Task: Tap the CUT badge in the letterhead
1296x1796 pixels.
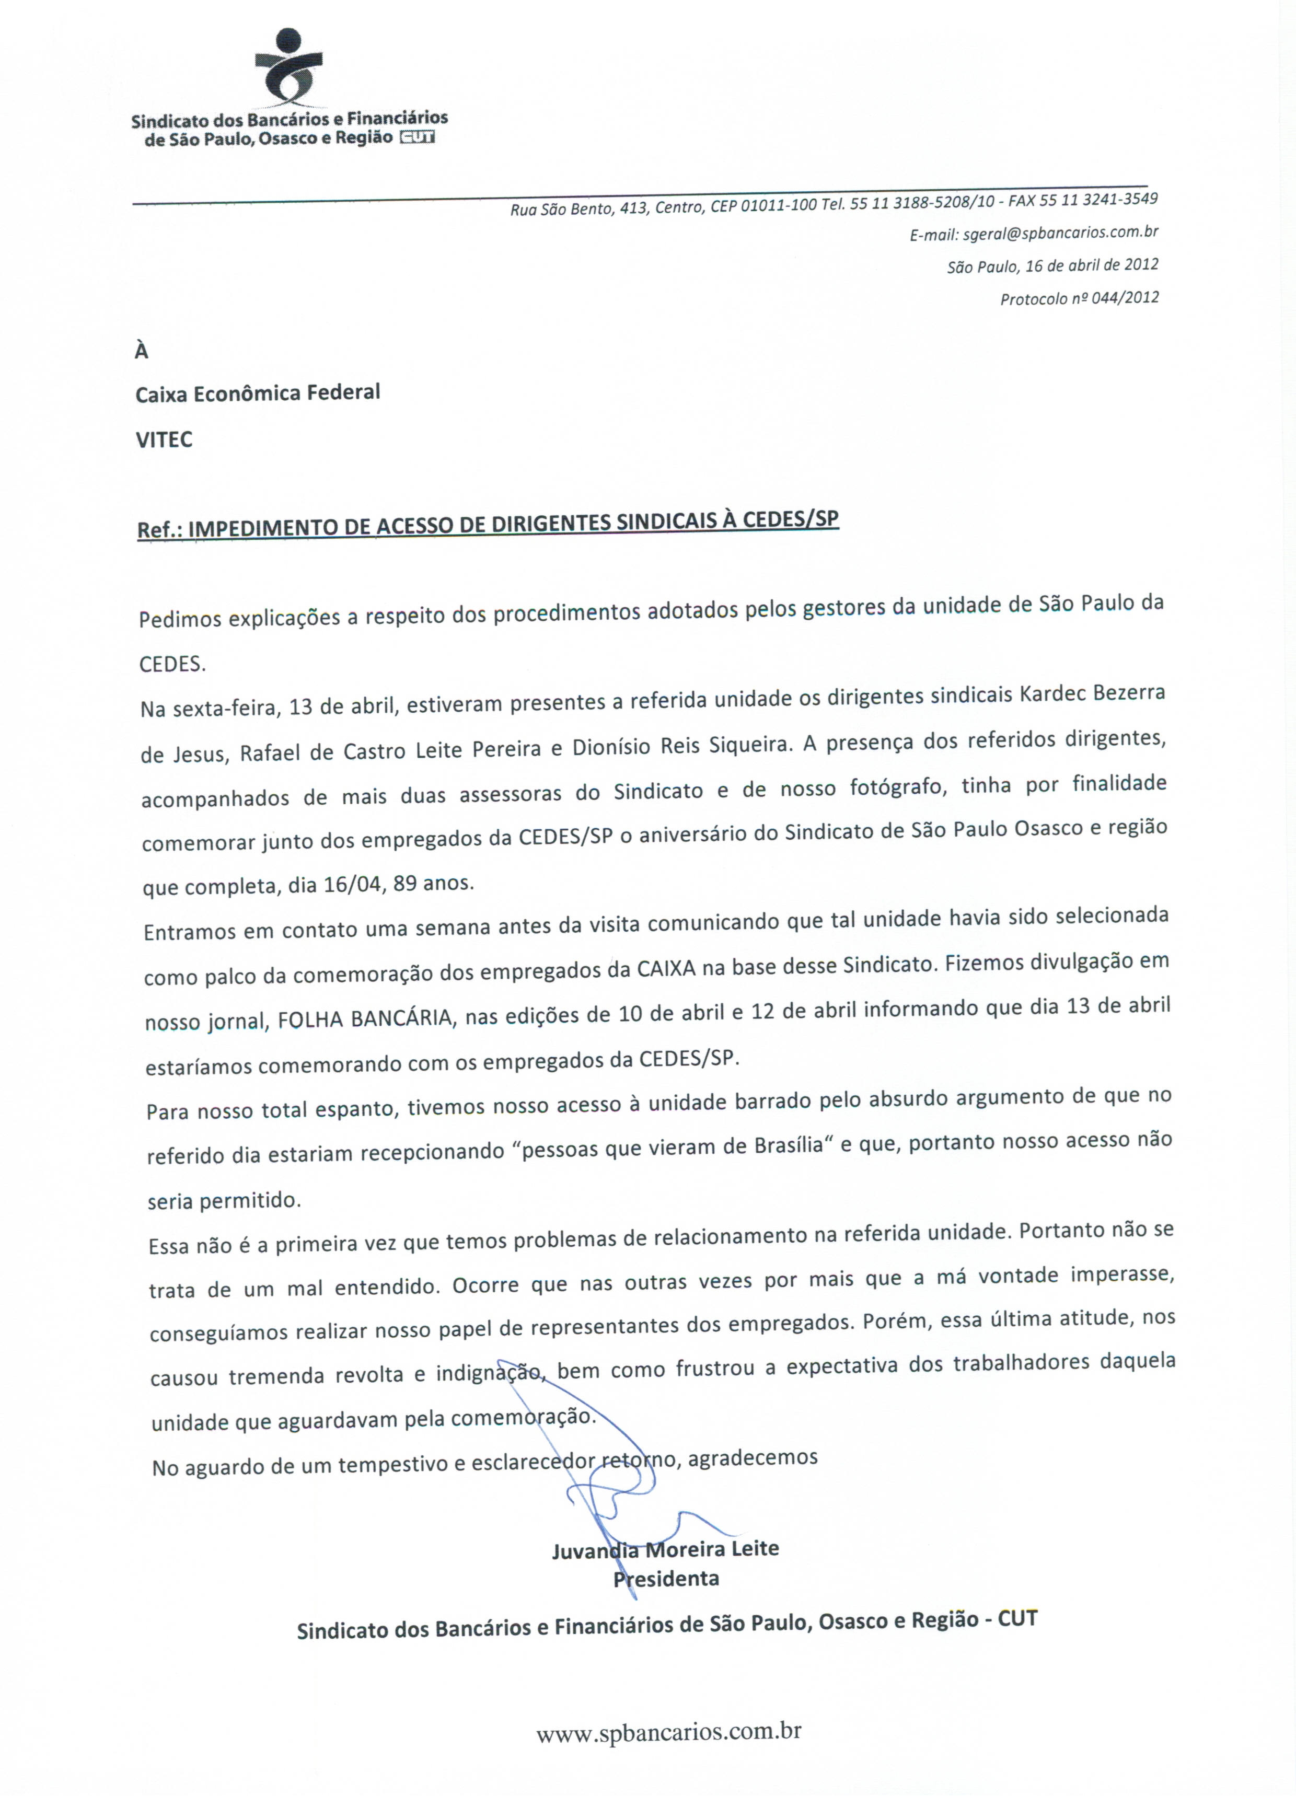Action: (416, 138)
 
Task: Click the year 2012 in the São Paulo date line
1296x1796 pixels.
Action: (1141, 264)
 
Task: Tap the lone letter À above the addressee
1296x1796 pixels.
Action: (142, 351)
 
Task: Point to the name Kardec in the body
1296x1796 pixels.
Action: (1049, 694)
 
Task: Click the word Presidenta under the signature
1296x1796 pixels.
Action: (666, 1578)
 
